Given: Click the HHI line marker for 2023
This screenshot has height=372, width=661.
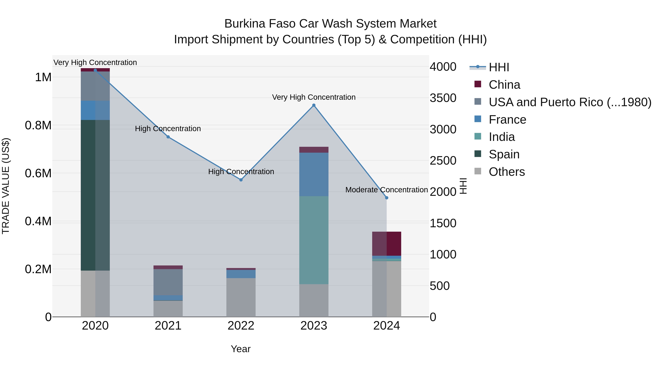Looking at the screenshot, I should (x=314, y=105).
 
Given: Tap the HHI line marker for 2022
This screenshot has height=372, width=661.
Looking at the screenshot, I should (x=241, y=180).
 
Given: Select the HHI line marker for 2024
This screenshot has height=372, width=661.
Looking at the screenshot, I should (x=387, y=198).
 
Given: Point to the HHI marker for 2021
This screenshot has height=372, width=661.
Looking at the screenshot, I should (x=168, y=137).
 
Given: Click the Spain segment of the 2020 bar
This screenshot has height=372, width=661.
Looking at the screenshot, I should (x=95, y=195).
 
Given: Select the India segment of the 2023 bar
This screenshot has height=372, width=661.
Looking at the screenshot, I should (x=314, y=240).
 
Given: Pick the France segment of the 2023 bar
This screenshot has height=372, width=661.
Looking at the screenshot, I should (x=314, y=175).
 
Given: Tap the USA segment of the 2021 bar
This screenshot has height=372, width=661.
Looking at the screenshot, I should (x=168, y=282).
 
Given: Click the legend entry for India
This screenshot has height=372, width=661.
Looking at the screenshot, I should (x=501, y=137).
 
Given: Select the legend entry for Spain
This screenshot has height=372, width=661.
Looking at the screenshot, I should (x=504, y=154).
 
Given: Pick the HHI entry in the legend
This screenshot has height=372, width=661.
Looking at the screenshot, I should (x=499, y=67).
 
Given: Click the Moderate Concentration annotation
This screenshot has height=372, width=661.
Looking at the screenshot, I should (x=387, y=190).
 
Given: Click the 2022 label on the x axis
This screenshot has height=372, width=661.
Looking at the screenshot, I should (x=241, y=326).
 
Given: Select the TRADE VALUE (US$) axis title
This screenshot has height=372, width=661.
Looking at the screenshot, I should (x=6, y=186).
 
